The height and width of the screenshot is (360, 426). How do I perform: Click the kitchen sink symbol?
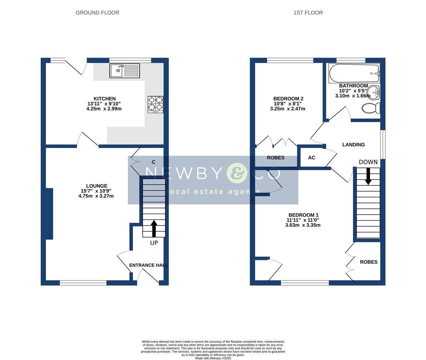(x=125, y=71)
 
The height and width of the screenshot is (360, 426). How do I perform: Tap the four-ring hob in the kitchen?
(x=156, y=104)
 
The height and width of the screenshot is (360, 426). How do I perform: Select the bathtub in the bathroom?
(x=354, y=74)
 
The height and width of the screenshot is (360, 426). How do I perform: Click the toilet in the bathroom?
(x=371, y=108)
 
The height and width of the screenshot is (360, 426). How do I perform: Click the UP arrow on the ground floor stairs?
(x=154, y=228)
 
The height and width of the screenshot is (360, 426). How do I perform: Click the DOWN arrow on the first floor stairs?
(x=368, y=176)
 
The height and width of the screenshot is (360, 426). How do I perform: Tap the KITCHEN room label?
(x=104, y=99)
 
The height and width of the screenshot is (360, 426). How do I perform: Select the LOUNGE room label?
(x=97, y=186)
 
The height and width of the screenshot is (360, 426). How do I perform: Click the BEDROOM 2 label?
(x=288, y=99)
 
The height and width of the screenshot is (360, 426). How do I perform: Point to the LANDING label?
(x=353, y=145)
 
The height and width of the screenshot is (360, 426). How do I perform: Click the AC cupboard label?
(x=311, y=158)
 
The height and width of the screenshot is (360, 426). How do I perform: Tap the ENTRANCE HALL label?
(x=148, y=265)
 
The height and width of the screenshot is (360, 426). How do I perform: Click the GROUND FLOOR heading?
(x=97, y=13)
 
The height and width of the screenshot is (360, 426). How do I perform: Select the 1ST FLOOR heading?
(x=308, y=13)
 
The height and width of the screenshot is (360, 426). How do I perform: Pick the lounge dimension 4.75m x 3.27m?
(x=96, y=196)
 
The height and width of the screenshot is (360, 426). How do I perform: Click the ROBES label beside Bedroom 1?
(x=368, y=262)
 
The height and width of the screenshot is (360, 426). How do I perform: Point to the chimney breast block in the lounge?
(x=49, y=214)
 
